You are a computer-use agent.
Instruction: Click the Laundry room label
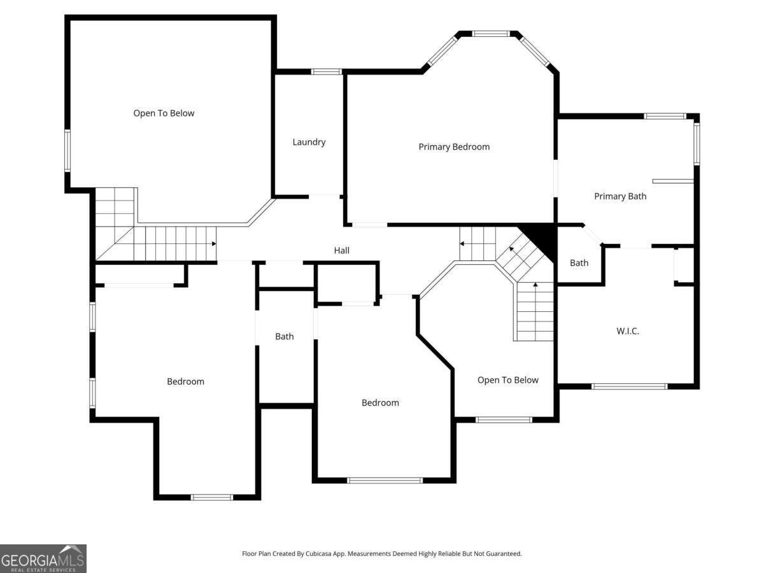pyautogui.click(x=309, y=142)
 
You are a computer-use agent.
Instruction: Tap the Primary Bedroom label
pyautogui.click(x=454, y=147)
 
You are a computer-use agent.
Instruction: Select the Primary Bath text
pyautogui.click(x=619, y=196)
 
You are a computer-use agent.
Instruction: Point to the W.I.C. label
pyautogui.click(x=627, y=331)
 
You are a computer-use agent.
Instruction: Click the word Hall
pyautogui.click(x=342, y=251)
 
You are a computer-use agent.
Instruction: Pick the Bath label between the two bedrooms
pyautogui.click(x=284, y=336)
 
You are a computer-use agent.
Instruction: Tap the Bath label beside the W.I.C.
pyautogui.click(x=579, y=263)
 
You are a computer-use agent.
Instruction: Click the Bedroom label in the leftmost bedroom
pyautogui.click(x=185, y=381)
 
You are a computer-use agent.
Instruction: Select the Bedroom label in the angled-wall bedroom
pyautogui.click(x=380, y=402)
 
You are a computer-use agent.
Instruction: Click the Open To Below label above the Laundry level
pyautogui.click(x=164, y=113)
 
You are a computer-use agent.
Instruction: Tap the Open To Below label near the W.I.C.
pyautogui.click(x=507, y=380)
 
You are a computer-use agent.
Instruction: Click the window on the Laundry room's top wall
pyautogui.click(x=326, y=71)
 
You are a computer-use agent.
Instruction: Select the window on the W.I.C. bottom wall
pyautogui.click(x=629, y=386)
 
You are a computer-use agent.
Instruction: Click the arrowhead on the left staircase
pyautogui.click(x=214, y=244)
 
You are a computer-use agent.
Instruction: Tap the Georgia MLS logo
pyautogui.click(x=43, y=558)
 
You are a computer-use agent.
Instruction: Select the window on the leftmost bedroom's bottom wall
pyautogui.click(x=212, y=497)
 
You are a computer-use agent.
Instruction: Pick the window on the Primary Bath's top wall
pyautogui.click(x=665, y=117)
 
